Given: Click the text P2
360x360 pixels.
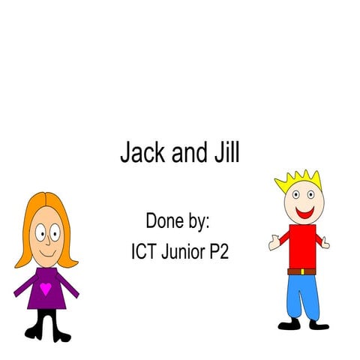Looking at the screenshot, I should pos(219,251).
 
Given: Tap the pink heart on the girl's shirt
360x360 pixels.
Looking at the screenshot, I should pos(46,288).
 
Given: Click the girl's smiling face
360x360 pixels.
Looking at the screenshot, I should pos(46,236).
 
